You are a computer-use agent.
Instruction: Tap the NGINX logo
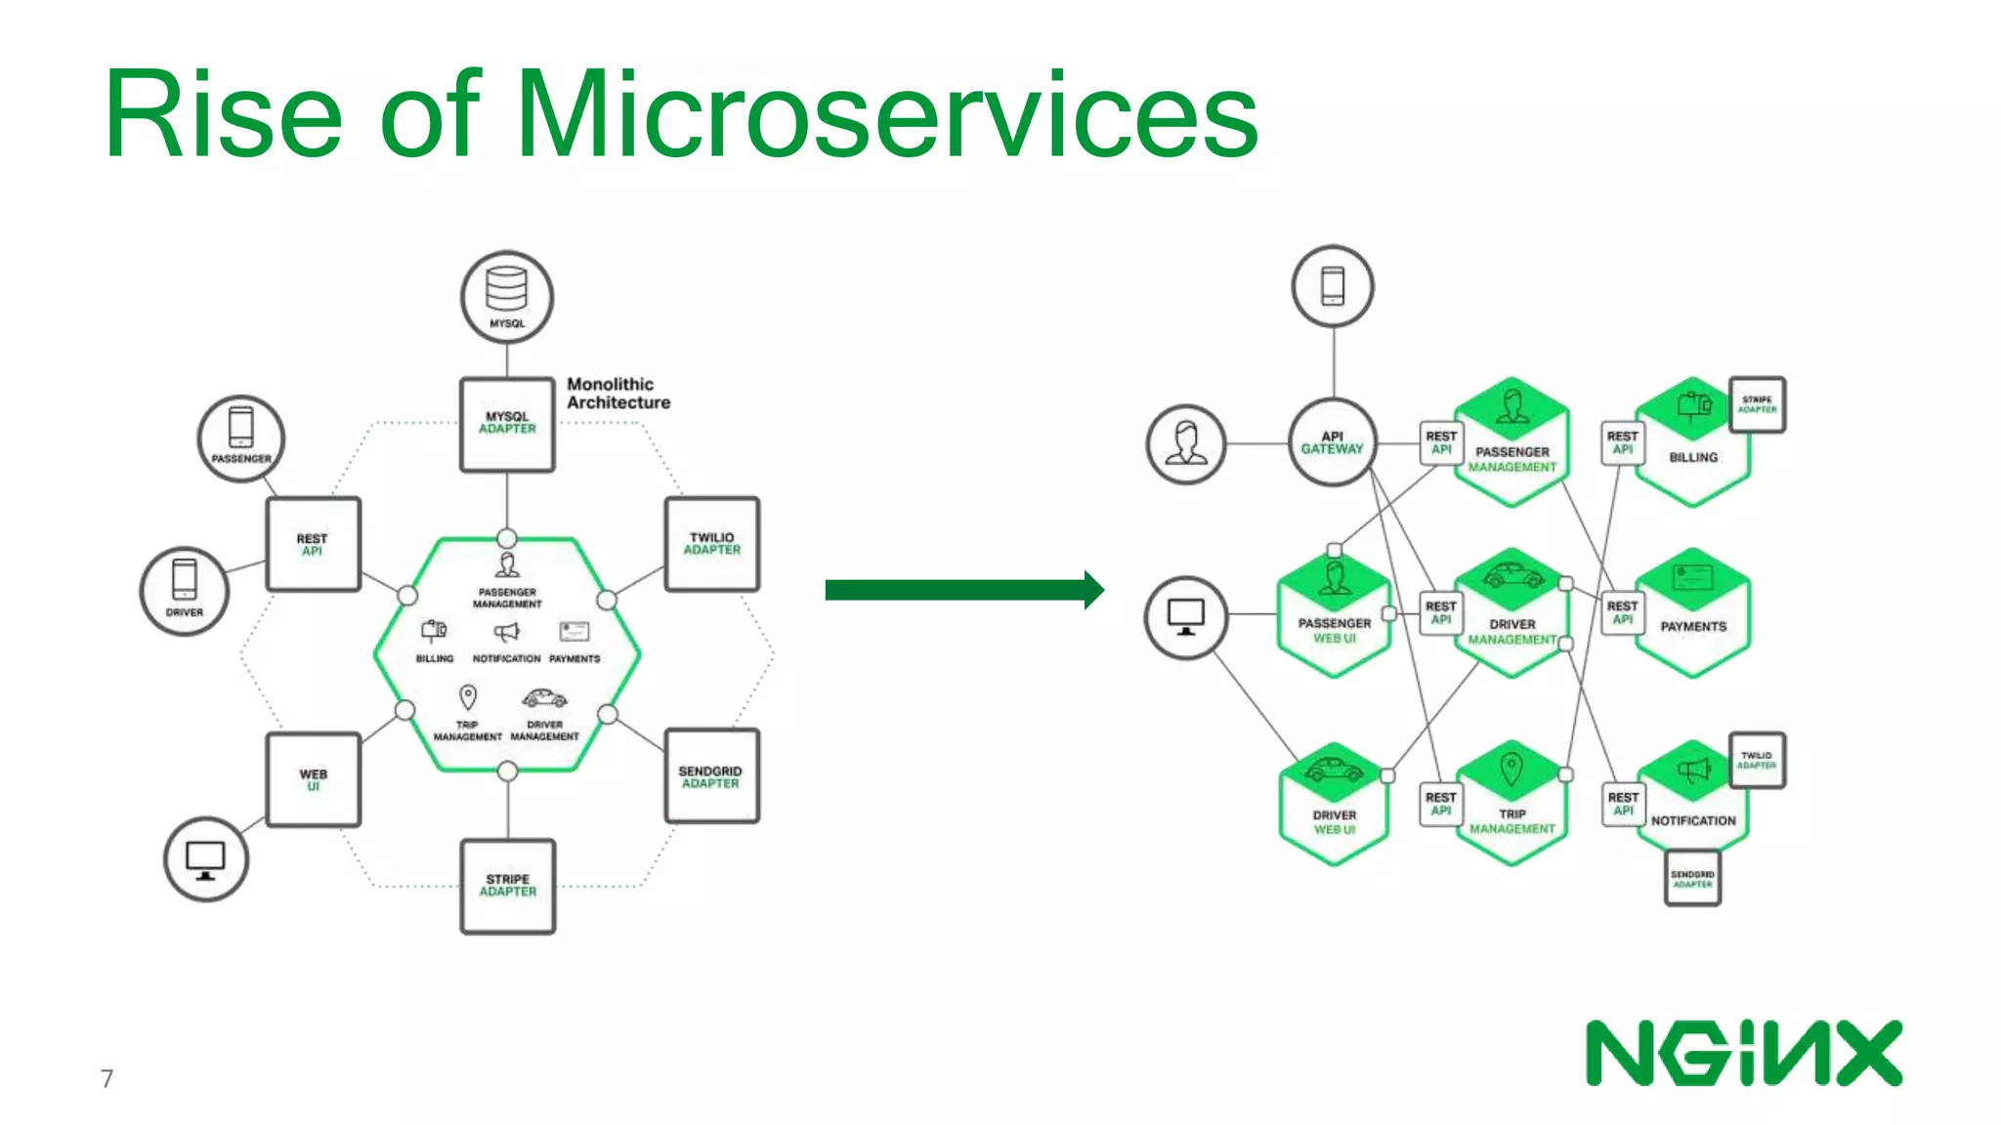(1743, 1053)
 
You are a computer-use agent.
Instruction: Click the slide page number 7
(106, 1078)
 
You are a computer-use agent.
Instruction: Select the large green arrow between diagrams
(963, 590)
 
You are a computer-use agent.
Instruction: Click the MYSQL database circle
(507, 297)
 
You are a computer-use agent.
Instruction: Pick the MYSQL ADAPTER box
(507, 424)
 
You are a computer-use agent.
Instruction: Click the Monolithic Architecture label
(618, 394)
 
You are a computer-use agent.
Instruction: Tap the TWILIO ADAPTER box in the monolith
(711, 544)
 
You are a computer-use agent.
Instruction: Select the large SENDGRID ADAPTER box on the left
(710, 776)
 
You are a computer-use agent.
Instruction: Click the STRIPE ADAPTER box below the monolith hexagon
(507, 886)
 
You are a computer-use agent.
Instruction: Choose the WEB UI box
(313, 779)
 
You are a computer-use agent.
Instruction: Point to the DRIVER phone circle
(185, 591)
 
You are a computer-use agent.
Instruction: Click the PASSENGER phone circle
(241, 438)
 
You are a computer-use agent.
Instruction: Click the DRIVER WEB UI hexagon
(1334, 805)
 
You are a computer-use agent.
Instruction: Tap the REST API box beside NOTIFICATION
(1623, 804)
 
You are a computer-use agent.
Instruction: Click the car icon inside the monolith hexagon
(544, 698)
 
